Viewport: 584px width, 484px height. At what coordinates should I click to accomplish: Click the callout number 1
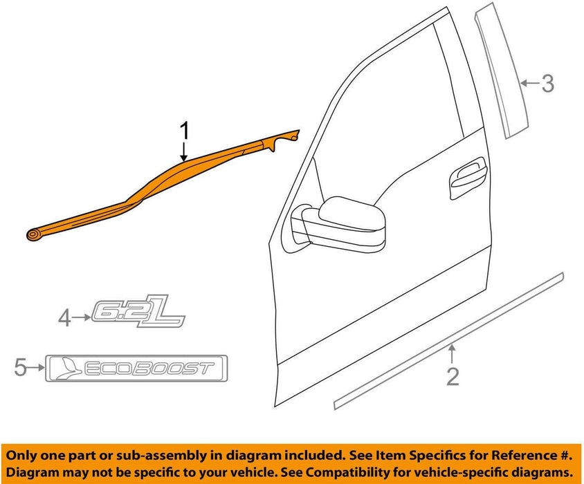tap(184, 129)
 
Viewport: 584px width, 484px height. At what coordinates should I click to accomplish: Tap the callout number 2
tap(453, 377)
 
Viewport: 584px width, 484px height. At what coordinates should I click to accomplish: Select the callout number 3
tap(547, 84)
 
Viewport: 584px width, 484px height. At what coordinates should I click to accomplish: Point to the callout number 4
tap(64, 318)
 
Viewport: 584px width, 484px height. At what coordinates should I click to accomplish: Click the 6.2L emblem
tap(138, 315)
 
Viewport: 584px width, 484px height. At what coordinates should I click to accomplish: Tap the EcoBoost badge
tap(136, 368)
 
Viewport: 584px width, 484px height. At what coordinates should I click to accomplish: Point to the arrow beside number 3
tap(529, 84)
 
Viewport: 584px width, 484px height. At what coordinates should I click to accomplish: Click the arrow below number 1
tap(184, 150)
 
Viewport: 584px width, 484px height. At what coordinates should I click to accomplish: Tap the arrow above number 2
tap(453, 355)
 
